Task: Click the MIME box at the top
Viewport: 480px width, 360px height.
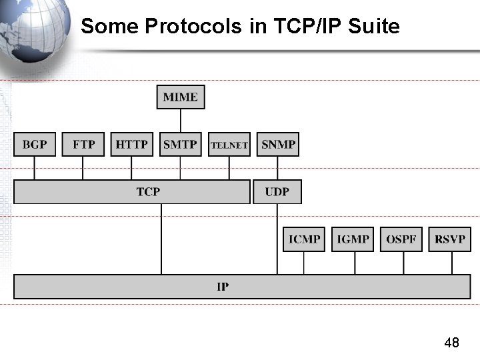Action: click(180, 97)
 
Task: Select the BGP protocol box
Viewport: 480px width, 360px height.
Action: click(35, 144)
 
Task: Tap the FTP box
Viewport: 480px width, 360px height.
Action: click(83, 144)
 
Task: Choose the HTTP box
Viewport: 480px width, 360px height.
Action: click(131, 144)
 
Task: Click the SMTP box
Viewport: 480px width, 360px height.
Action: click(180, 144)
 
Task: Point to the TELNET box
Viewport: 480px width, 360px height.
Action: click(229, 144)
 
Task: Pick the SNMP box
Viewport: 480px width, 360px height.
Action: click(278, 144)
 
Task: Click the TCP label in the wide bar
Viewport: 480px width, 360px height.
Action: click(148, 192)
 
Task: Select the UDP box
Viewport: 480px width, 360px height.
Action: click(277, 192)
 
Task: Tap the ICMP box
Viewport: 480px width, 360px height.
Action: click(305, 239)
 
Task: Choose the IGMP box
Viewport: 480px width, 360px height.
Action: click(353, 239)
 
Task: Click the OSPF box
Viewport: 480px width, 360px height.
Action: click(401, 239)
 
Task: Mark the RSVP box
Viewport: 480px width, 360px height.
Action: click(450, 239)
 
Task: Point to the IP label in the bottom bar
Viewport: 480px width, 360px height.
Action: click(223, 287)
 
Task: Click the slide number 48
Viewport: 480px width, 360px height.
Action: click(451, 343)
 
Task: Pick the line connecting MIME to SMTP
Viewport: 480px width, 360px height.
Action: click(180, 120)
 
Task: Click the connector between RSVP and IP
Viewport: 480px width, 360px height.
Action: click(451, 263)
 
